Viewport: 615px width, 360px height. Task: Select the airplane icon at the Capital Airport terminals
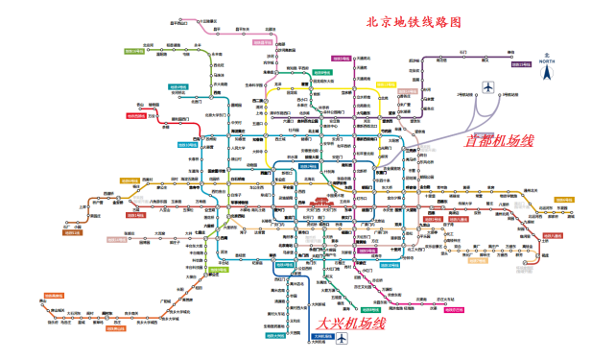[x=487, y=88]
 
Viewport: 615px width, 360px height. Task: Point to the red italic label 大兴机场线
[x=351, y=324]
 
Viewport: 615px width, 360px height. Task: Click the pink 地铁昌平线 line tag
[x=264, y=42]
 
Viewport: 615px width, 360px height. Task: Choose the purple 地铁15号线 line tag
[x=521, y=64]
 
